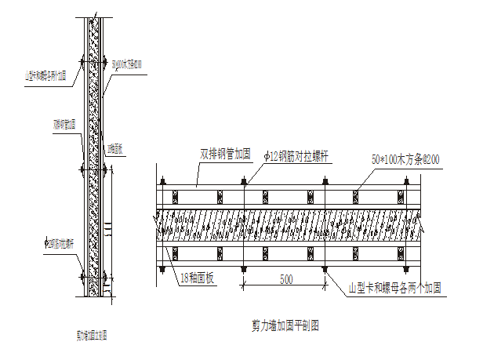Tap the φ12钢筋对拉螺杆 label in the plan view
299,157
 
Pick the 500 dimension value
285,278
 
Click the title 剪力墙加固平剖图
285,323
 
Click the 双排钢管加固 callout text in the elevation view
63,124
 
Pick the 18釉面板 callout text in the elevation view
115,147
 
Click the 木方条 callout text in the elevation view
126,64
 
